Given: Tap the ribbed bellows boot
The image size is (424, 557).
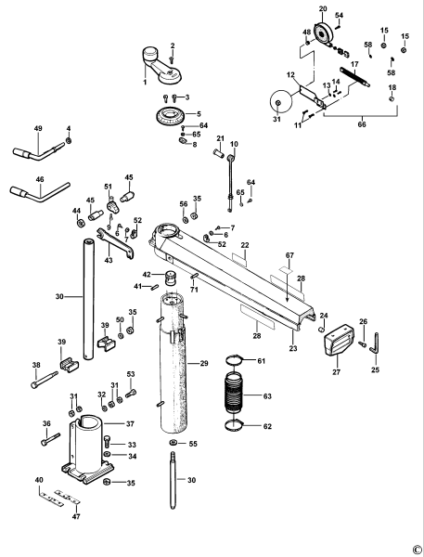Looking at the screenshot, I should pyautogui.click(x=237, y=395).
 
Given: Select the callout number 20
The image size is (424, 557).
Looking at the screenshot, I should pyautogui.click(x=322, y=9).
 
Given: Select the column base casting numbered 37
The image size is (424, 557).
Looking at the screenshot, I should pyautogui.click(x=91, y=449).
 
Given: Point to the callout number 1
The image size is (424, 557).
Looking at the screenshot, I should pyautogui.click(x=145, y=83).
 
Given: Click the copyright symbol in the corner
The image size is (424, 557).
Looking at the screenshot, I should pyautogui.click(x=417, y=549).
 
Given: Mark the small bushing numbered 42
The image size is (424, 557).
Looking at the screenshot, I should pyautogui.click(x=171, y=278).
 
